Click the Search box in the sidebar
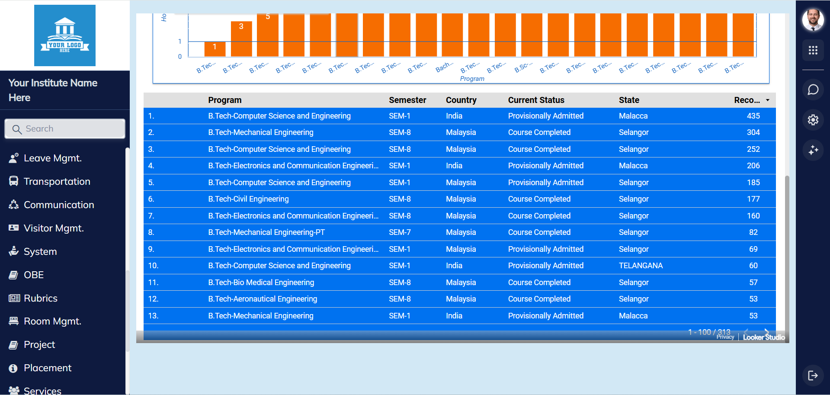65,129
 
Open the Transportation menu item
57,182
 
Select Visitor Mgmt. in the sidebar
54,228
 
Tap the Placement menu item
48,368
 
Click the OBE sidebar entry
34,275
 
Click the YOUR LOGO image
65,35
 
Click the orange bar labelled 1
215,49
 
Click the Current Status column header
536,100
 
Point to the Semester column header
407,100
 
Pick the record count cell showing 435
753,116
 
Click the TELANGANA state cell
641,266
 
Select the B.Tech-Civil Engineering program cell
248,199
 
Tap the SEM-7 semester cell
400,232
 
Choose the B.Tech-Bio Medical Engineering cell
261,283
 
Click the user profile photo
813,20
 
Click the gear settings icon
813,120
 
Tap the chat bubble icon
813,90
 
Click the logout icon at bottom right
813,375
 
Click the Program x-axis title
472,79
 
